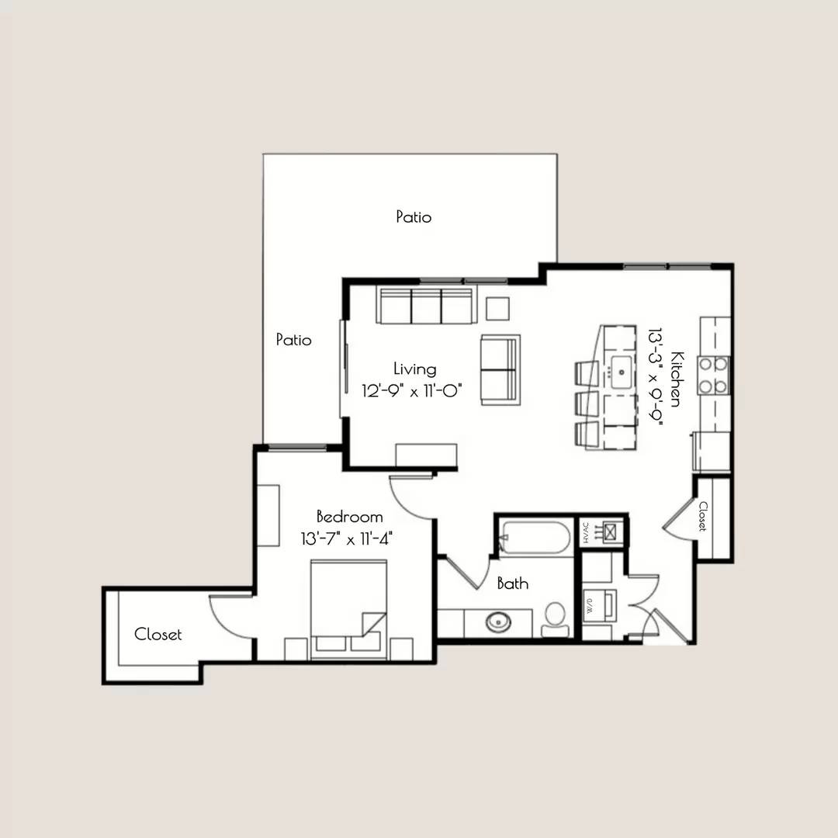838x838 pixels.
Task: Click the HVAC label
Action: (586, 532)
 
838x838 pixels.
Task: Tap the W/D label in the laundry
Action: (590, 606)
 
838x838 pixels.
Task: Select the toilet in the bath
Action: (556, 620)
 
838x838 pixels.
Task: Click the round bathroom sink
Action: (498, 622)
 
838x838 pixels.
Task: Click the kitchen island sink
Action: (622, 372)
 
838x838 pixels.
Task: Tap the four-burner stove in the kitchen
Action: (713, 376)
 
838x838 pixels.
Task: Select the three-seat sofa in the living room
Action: (427, 305)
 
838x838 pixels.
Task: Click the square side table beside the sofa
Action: (497, 309)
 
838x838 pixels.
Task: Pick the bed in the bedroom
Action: (348, 608)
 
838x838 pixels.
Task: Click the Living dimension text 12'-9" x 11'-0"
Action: (411, 390)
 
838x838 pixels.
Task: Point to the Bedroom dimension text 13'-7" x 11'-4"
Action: (347, 538)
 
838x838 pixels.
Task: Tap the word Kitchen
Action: (677, 379)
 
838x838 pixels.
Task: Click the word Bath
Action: (513, 583)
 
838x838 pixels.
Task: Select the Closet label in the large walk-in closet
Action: (158, 635)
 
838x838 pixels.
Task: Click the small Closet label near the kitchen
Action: (703, 516)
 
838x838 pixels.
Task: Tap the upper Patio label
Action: (414, 216)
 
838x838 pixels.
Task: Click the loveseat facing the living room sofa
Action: (500, 370)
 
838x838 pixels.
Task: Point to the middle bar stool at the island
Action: (587, 406)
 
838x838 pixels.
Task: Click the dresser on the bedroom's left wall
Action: (268, 515)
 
